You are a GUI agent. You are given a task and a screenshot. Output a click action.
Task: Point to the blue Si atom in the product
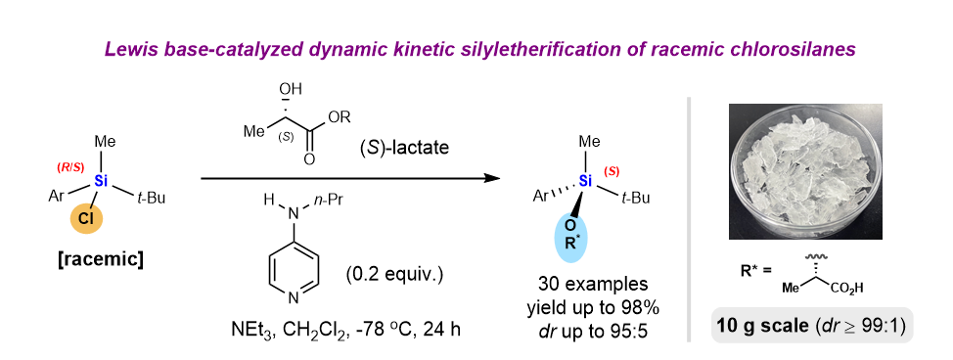point(585,180)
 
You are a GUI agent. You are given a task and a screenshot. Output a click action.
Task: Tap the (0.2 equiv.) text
point(393,275)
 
